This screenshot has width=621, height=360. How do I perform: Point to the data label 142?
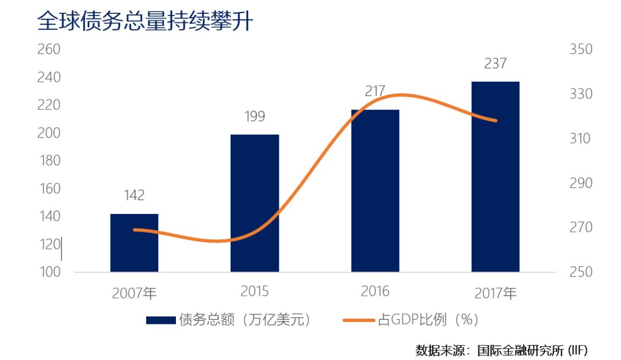[134, 196]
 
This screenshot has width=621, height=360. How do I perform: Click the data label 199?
[255, 117]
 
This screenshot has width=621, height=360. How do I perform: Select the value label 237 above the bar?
[495, 63]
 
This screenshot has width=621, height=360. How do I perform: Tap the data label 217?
[375, 91]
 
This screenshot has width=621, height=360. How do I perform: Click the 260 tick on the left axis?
[49, 49]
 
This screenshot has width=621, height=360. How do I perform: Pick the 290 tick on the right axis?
[581, 183]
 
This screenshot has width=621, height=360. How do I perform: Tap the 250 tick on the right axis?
[581, 272]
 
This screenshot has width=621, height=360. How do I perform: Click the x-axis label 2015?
[255, 292]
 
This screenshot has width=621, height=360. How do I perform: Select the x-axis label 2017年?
[496, 293]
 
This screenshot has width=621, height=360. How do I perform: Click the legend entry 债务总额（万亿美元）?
[230, 320]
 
